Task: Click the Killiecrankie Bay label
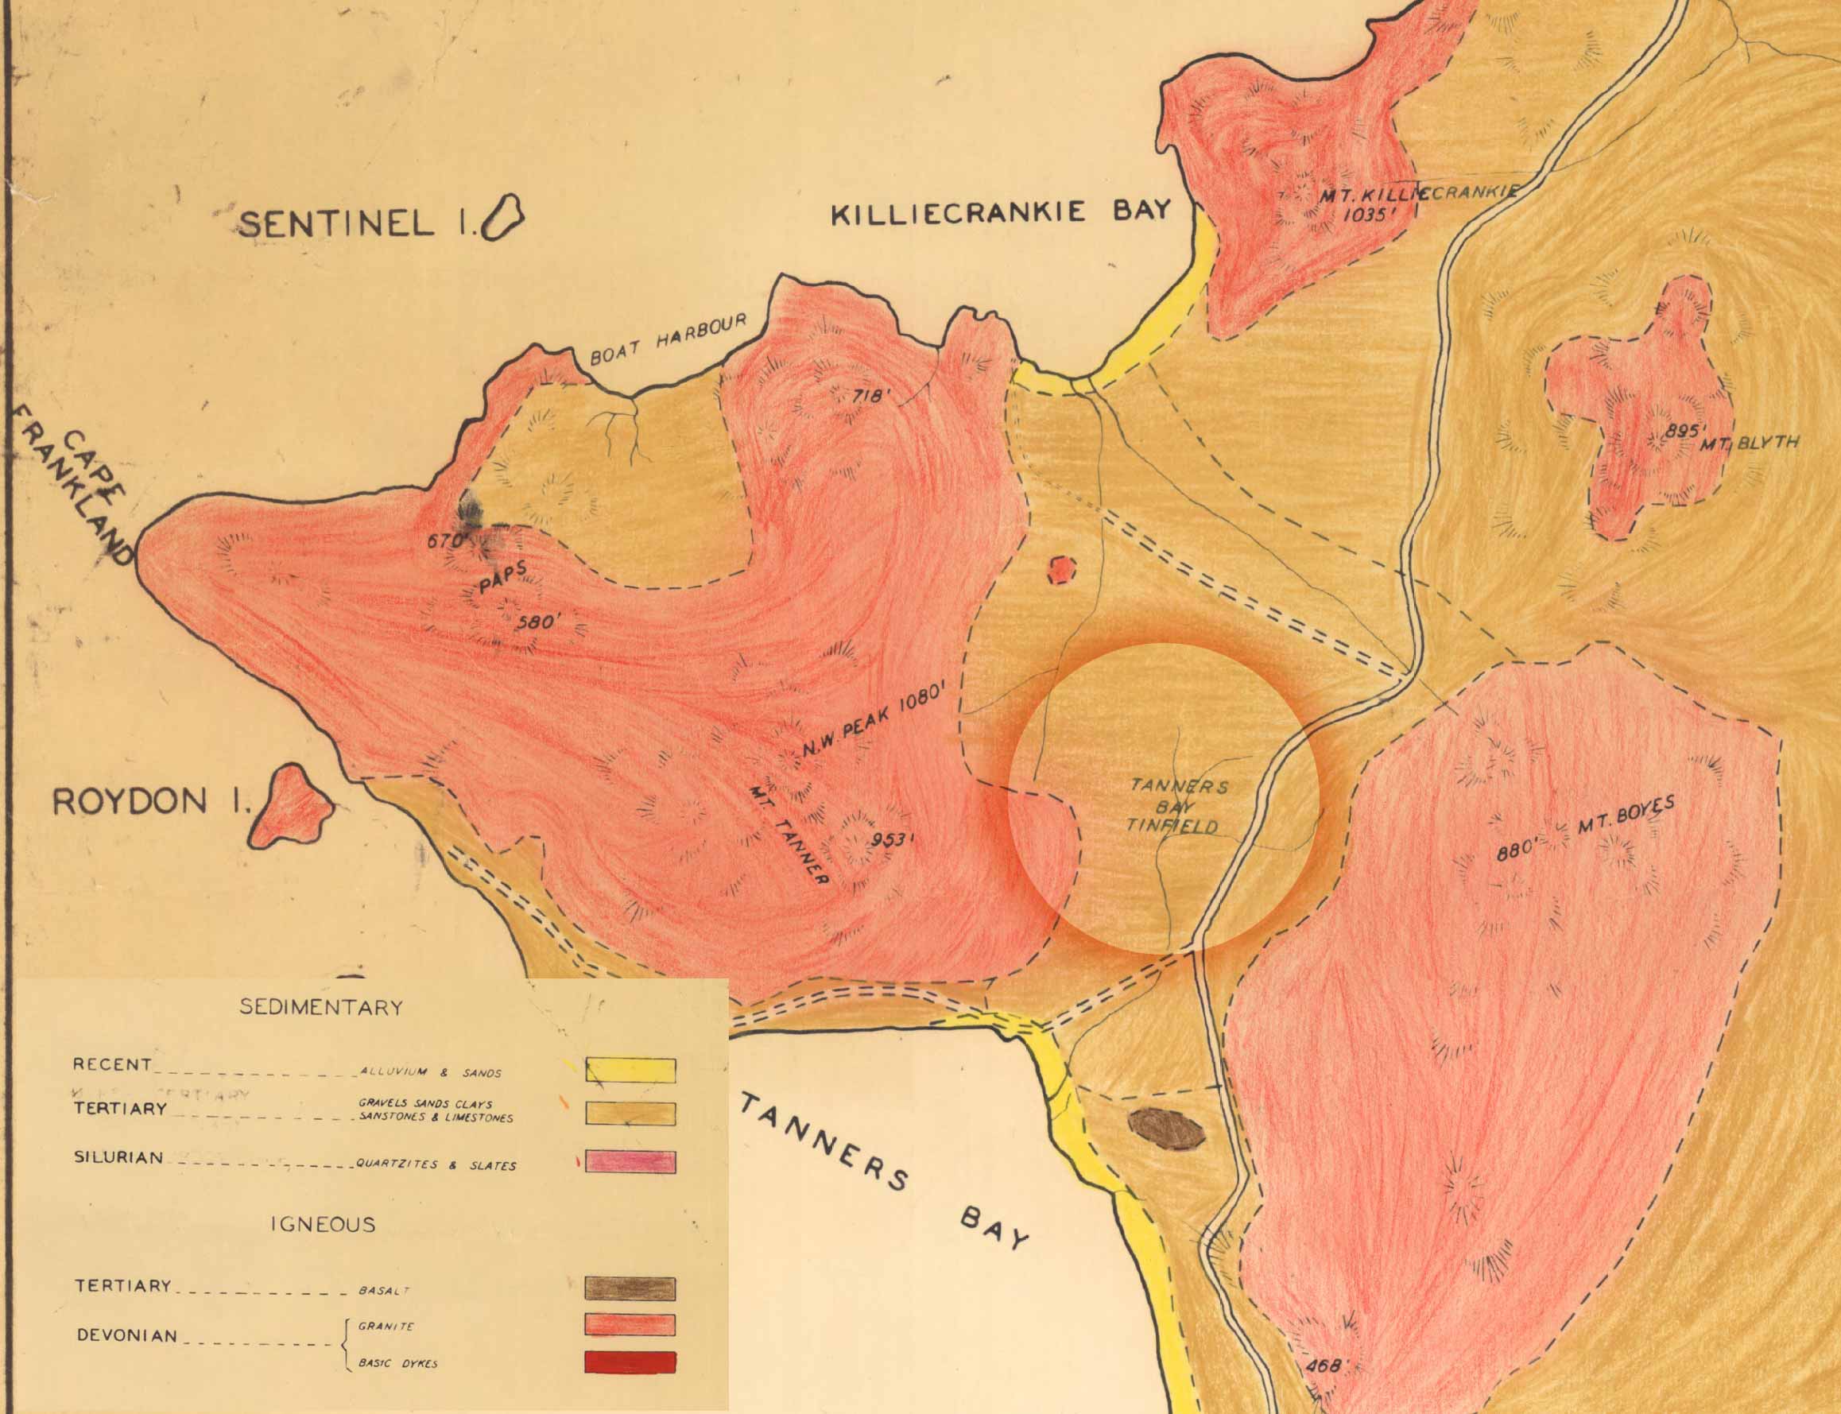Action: click(x=1000, y=211)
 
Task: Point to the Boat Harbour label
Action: click(x=669, y=339)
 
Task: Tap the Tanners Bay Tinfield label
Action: click(x=1176, y=806)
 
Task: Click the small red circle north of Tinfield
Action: click(x=1060, y=571)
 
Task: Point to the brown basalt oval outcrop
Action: click(x=1166, y=1129)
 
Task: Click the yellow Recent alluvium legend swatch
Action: click(x=630, y=1070)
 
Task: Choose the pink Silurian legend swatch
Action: click(x=630, y=1161)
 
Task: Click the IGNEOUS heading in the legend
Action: click(x=323, y=1225)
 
